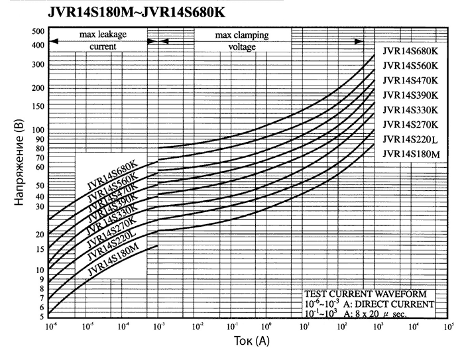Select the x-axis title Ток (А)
tap(248, 341)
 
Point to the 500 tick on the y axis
tap(37, 31)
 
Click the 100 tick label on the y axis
tap(37, 130)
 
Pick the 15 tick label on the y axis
tap(38, 249)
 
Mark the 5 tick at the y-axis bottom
tap(40, 316)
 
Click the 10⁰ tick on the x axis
tap(268, 327)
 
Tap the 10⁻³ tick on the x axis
tap(158, 327)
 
